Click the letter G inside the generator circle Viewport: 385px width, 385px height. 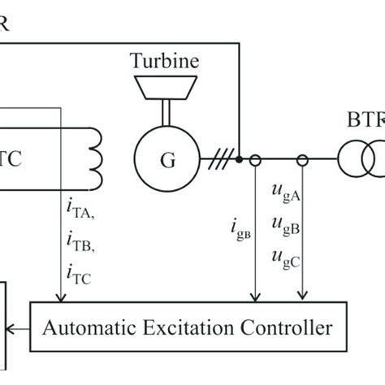tap(167, 160)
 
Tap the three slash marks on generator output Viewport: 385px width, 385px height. tap(217, 159)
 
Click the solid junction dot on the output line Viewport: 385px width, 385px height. tap(239, 159)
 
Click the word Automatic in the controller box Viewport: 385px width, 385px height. tap(87, 328)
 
